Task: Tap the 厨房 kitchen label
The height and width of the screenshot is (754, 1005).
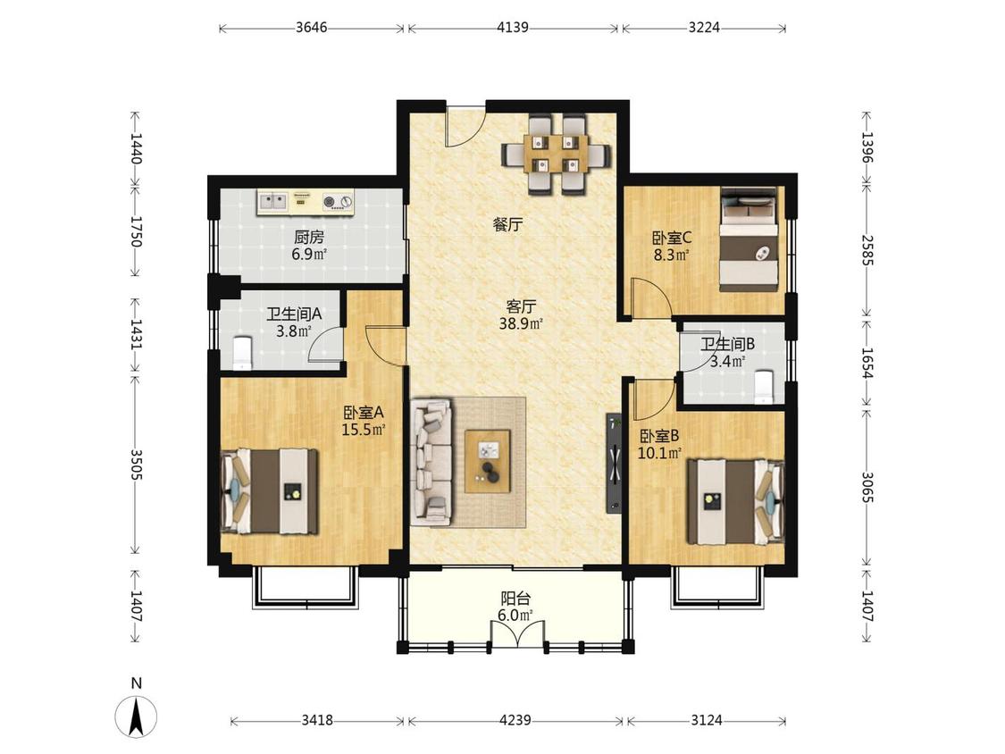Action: coord(309,238)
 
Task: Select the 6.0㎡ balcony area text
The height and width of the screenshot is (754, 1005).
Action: coord(515,616)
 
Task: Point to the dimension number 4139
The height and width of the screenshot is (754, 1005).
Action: coord(512,28)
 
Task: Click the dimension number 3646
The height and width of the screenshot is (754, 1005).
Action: coord(312,28)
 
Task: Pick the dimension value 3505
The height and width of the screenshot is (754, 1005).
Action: coord(136,465)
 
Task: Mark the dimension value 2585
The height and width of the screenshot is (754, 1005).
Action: coord(867,251)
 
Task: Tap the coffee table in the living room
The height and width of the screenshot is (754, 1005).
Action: coord(488,461)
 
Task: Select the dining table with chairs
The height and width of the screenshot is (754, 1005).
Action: coord(556,155)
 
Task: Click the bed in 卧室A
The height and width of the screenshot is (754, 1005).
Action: coord(270,491)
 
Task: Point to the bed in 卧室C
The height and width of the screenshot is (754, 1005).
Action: coord(750,239)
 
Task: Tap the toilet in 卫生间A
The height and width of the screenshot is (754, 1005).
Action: coord(242,353)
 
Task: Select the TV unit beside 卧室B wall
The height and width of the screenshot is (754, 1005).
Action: coord(615,463)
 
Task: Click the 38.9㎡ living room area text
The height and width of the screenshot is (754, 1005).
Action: coord(521,323)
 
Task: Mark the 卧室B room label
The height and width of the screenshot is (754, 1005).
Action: coord(659,437)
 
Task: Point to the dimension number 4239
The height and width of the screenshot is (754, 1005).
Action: coord(515,720)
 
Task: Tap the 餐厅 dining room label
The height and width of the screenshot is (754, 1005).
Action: coord(508,224)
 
